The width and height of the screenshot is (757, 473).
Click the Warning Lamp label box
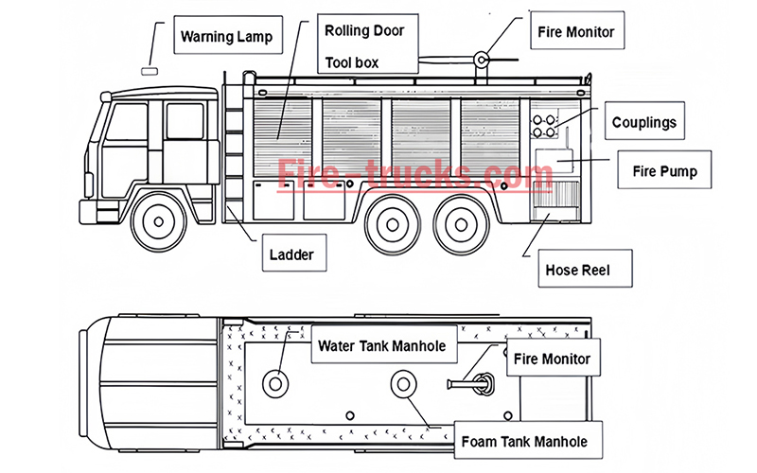(x=226, y=37)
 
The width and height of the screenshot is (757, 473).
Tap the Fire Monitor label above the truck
(x=575, y=32)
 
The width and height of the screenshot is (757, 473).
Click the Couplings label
(x=643, y=123)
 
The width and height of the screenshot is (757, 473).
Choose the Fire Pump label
(x=664, y=172)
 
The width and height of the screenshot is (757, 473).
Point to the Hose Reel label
(x=576, y=271)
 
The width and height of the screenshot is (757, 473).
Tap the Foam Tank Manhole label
(x=523, y=441)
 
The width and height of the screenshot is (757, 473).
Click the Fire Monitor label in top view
(x=552, y=359)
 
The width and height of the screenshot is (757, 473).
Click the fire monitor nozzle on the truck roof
(x=484, y=61)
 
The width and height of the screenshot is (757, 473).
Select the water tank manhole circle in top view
(x=277, y=383)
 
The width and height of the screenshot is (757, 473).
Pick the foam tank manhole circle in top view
(x=404, y=384)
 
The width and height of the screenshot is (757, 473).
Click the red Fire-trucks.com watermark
(x=416, y=175)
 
